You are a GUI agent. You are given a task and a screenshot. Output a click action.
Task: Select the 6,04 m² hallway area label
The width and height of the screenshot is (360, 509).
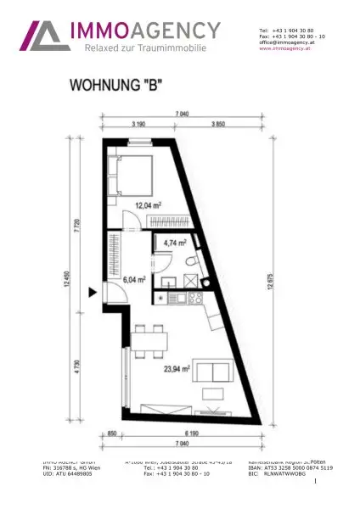tap(134, 277)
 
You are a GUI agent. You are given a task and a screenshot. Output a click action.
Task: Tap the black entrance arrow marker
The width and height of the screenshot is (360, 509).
tap(93, 293)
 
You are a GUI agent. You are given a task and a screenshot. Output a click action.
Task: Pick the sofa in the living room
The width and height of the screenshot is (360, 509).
tap(211, 371)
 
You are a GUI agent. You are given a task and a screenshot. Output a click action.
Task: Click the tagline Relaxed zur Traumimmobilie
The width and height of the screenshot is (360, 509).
tap(145, 48)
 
